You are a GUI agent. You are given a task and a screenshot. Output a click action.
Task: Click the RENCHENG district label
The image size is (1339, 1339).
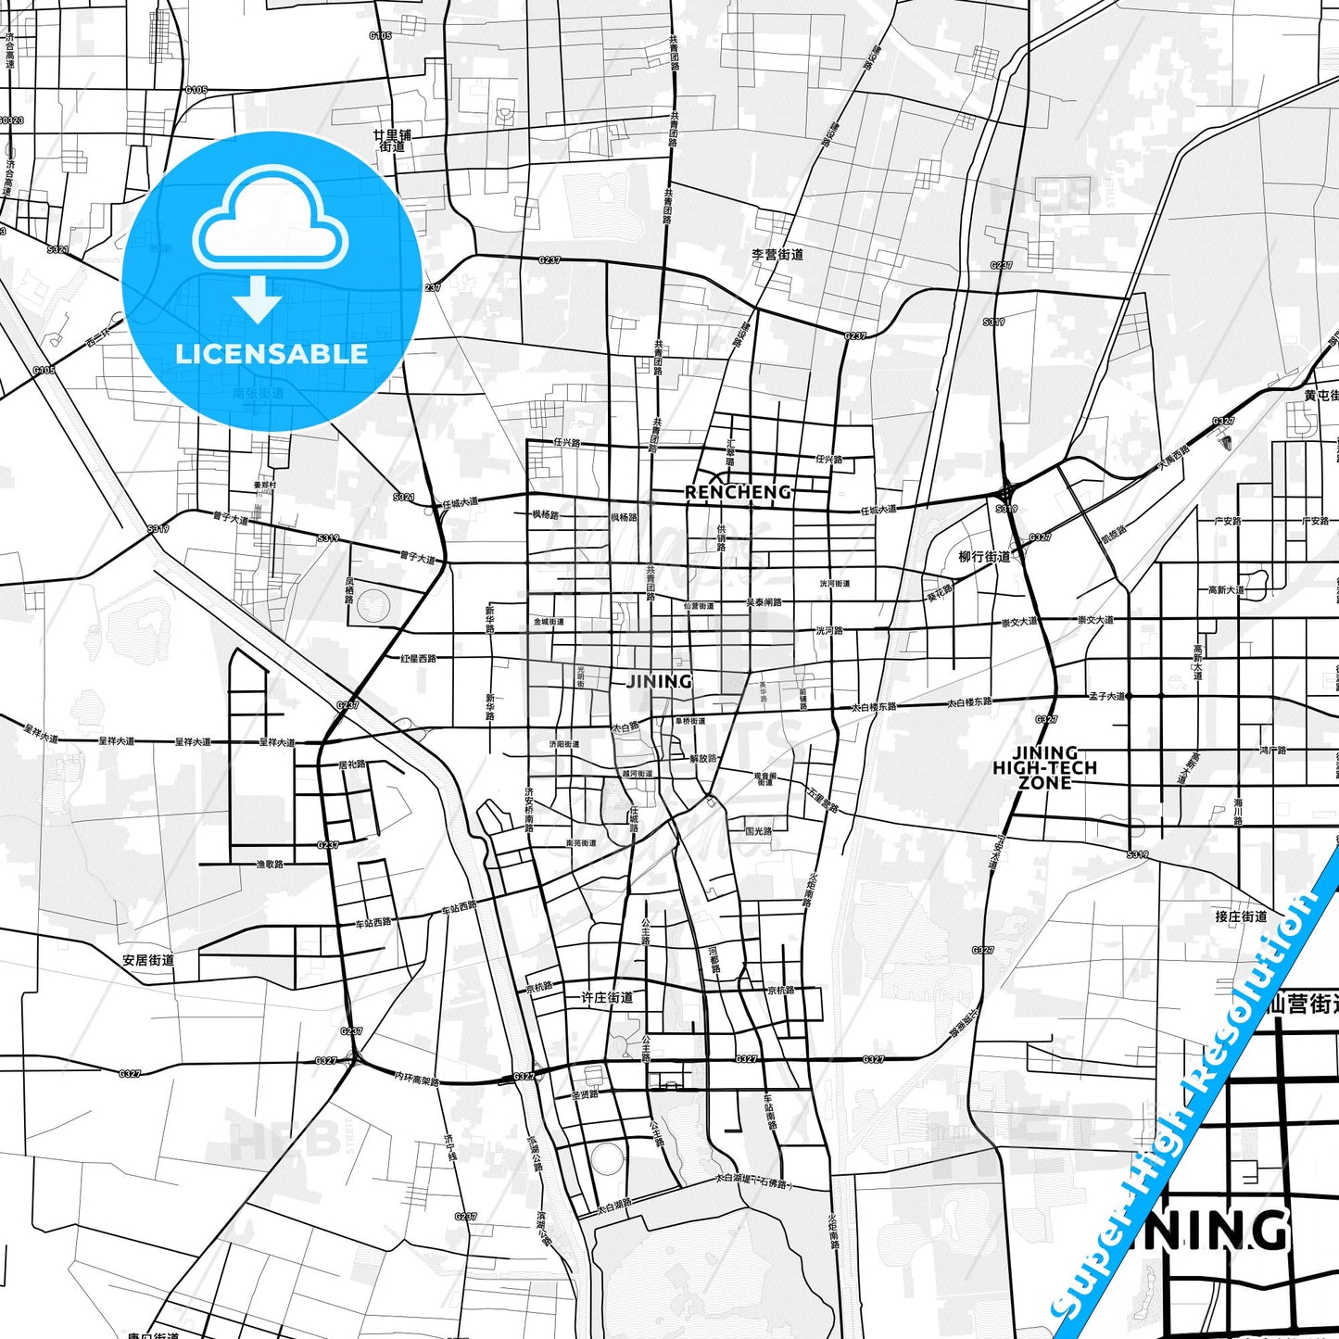(x=738, y=492)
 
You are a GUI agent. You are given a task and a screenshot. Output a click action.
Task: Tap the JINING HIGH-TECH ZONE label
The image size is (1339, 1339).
(x=1044, y=767)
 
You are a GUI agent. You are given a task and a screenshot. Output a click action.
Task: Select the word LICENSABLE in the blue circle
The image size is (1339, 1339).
(x=272, y=354)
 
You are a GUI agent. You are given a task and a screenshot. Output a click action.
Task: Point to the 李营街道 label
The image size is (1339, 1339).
(x=777, y=254)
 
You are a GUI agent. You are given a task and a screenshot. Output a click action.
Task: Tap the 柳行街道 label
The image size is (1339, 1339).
(x=984, y=557)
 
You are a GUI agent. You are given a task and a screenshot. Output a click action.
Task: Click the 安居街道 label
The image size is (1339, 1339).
(x=148, y=960)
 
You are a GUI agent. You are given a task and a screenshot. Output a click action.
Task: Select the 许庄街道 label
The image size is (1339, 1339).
(x=607, y=997)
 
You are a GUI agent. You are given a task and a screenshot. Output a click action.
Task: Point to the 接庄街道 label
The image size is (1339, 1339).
(x=1241, y=916)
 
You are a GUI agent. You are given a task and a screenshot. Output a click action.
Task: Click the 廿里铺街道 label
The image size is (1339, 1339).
(x=392, y=141)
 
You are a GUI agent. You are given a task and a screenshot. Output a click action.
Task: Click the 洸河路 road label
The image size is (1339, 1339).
(x=829, y=630)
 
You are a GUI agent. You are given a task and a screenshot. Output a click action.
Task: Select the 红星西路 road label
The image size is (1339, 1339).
(x=418, y=659)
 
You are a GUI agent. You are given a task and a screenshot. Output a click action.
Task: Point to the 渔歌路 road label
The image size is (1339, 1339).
(x=269, y=864)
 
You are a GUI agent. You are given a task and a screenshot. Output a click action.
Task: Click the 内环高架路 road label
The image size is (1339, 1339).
(x=416, y=1078)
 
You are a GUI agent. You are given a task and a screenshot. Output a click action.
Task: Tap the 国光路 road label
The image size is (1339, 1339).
(x=758, y=831)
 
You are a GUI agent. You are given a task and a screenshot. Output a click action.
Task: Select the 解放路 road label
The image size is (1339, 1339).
(x=703, y=757)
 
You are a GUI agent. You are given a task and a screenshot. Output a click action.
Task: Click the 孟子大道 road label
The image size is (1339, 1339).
(x=1106, y=696)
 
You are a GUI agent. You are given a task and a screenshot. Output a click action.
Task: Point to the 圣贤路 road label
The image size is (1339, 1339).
(x=585, y=1094)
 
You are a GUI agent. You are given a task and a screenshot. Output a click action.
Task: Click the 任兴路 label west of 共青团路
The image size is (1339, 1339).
(x=566, y=443)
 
